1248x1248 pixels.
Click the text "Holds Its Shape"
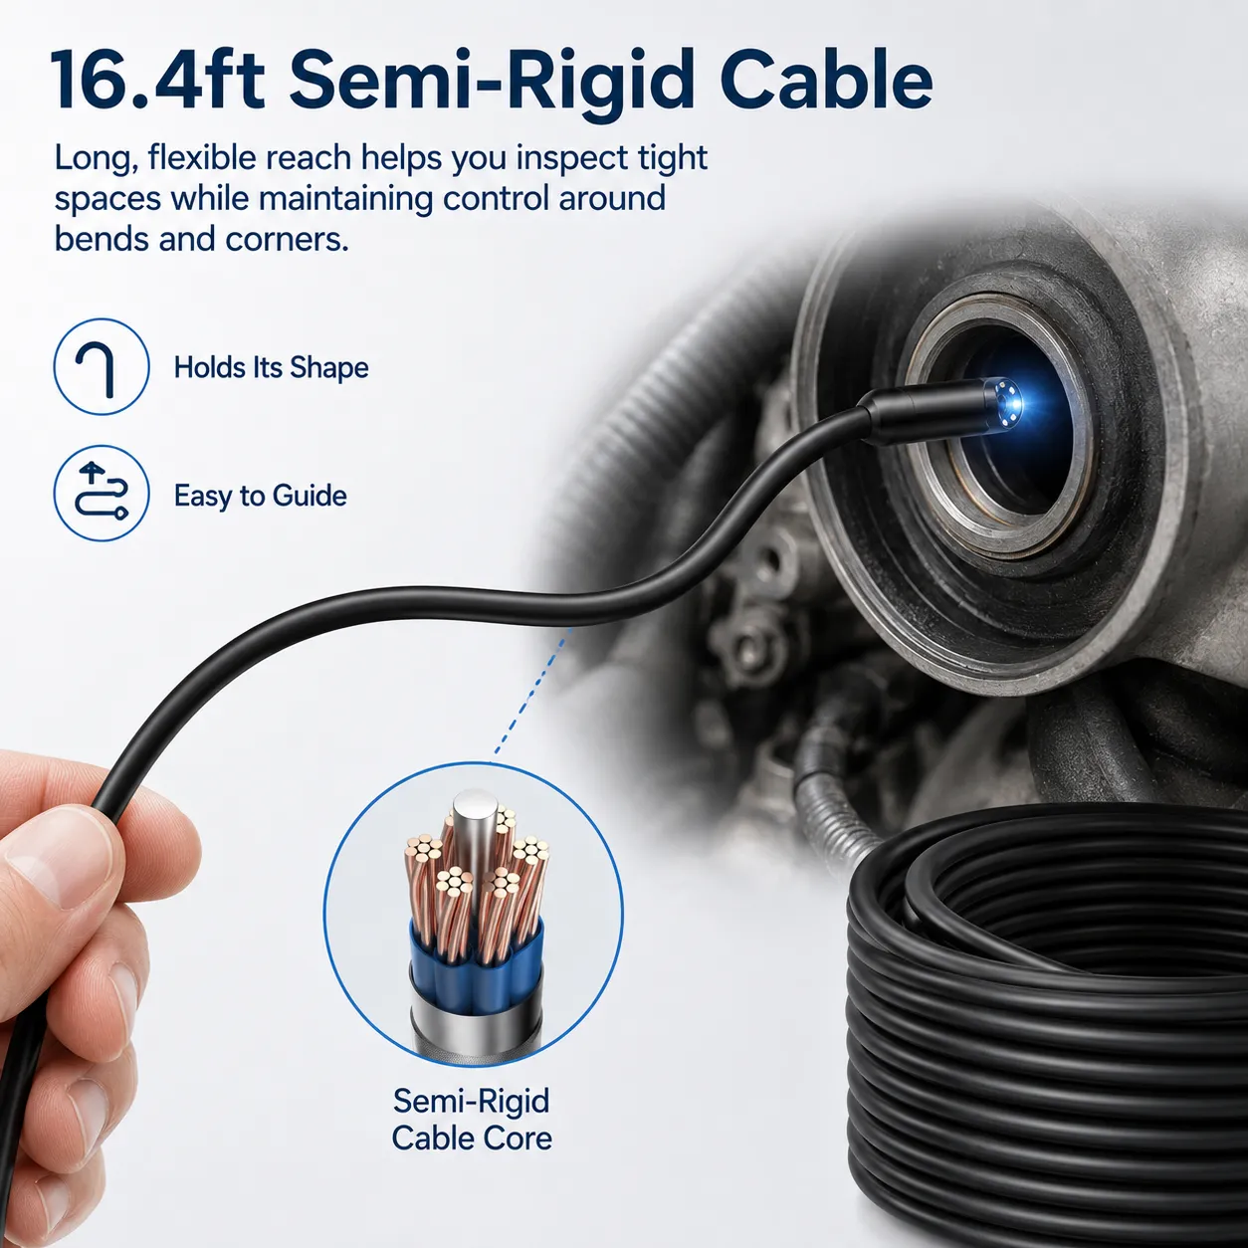pos(272,368)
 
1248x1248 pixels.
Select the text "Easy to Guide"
pos(261,496)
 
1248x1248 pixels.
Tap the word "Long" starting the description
pos(96,159)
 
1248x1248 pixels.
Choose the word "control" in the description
pos(495,199)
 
